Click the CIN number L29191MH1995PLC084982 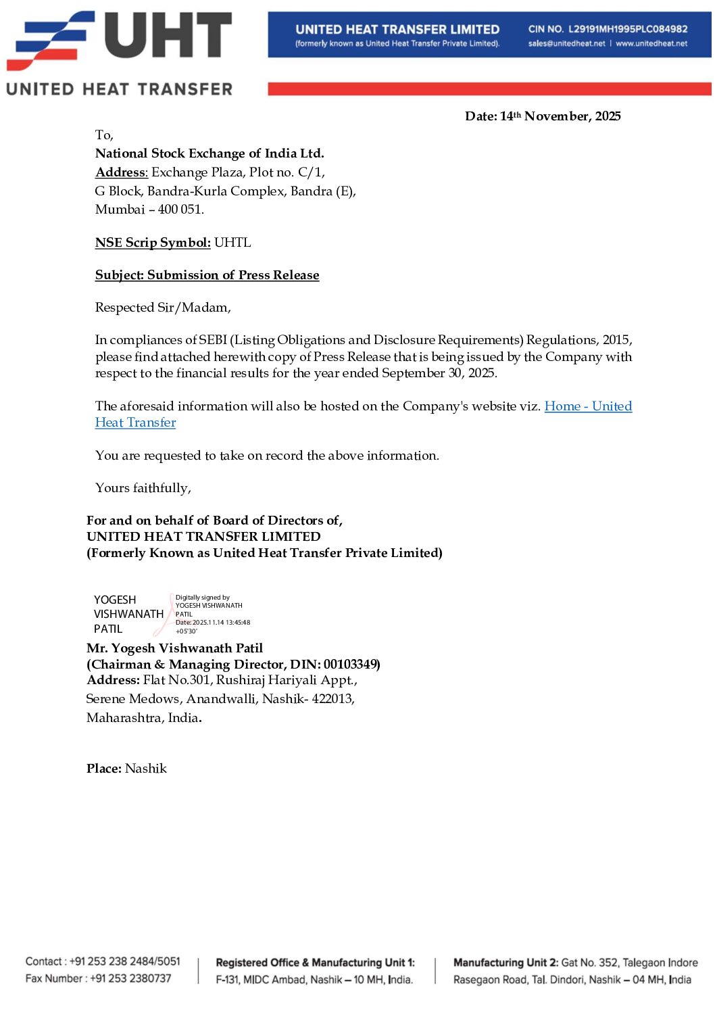(x=628, y=29)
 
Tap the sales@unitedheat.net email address (x=566, y=44)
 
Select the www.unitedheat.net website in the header (x=651, y=44)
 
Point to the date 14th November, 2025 (x=560, y=116)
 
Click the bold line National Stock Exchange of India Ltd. (x=209, y=153)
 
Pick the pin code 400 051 (x=180, y=210)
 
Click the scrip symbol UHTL (x=232, y=243)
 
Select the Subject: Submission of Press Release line (x=207, y=275)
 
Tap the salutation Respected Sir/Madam (x=163, y=308)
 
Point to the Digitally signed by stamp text (x=203, y=598)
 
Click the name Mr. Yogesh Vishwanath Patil (x=174, y=648)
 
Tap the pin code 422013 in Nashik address (x=332, y=699)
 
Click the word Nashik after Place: (x=146, y=769)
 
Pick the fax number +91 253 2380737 (x=130, y=978)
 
